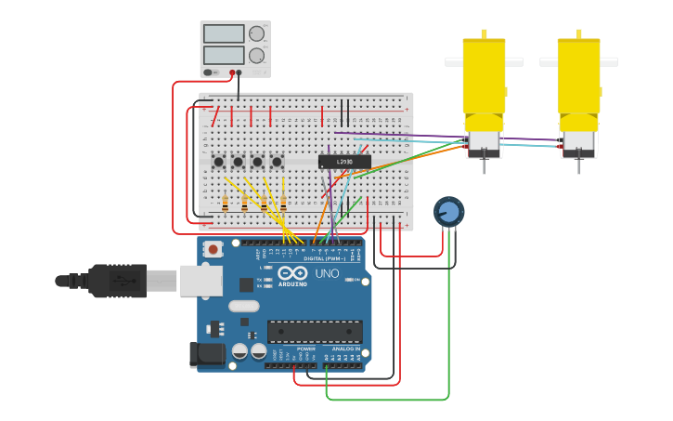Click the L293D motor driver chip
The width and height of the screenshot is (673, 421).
(x=344, y=162)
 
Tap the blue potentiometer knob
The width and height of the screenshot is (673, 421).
(x=448, y=212)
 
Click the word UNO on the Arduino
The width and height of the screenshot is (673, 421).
(x=328, y=273)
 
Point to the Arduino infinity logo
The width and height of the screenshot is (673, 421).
(x=292, y=274)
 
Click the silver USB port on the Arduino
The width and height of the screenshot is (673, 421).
(x=201, y=279)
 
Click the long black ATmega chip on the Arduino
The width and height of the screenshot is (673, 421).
(x=315, y=331)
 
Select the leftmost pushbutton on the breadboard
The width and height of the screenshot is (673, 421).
(x=218, y=162)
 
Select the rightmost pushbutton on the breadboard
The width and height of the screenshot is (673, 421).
(x=277, y=162)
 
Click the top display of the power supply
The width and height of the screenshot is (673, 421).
(x=224, y=34)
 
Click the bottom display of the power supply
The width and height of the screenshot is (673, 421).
(x=224, y=55)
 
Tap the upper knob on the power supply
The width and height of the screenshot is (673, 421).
(x=256, y=34)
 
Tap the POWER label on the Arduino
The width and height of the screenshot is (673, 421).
(x=305, y=349)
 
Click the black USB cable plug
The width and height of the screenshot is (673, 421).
(x=116, y=280)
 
